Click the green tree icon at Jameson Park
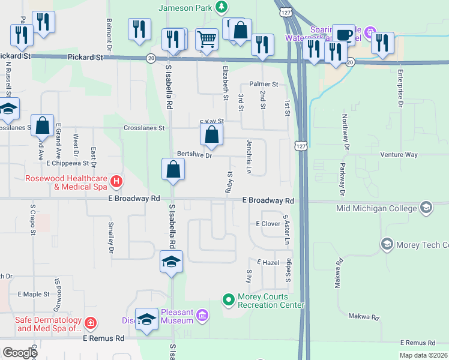pos(222,7)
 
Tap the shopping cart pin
pos(206,40)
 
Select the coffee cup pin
pos(343,35)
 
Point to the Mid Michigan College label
pos(376,208)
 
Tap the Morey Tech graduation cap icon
pos(387,244)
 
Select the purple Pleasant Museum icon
pos(202,315)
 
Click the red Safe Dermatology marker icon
pos(90,323)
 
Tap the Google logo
pos(19,353)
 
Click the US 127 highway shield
pos(300,146)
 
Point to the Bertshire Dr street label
pos(194,155)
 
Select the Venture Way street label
pos(399,154)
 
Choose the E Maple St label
pos(34,295)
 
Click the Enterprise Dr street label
pos(400,88)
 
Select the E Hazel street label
pos(269,263)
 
